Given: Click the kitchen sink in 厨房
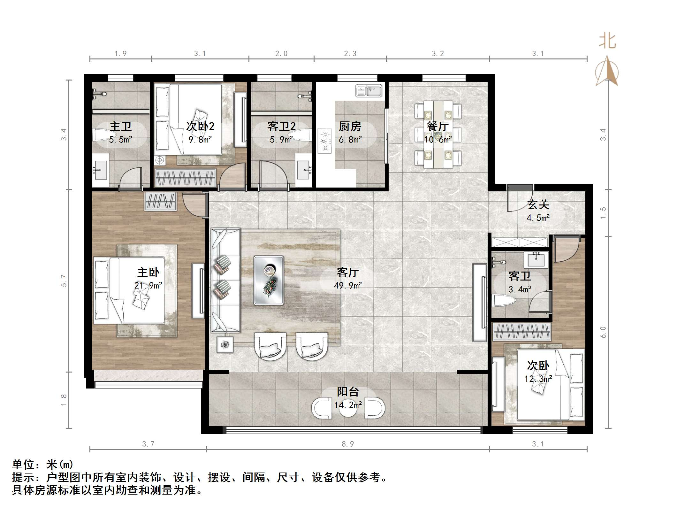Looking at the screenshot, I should [x=369, y=91].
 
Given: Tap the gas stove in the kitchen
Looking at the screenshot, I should [x=325, y=141].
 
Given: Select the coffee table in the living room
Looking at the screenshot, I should [x=269, y=280].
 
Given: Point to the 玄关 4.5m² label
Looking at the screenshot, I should [x=538, y=211].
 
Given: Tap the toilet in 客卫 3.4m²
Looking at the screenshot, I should [x=504, y=301].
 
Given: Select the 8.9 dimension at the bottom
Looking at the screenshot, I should [x=348, y=444].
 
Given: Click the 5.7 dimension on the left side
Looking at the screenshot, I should [x=64, y=281].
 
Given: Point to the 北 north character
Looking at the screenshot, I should [x=607, y=42].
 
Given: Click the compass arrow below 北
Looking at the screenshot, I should [x=607, y=72].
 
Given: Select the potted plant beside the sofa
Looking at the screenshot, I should [x=225, y=344].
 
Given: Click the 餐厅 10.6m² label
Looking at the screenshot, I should [x=438, y=132].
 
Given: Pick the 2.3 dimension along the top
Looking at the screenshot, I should [x=350, y=54].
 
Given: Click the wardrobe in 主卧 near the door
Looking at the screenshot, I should [x=161, y=201].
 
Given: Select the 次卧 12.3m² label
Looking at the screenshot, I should [x=538, y=372].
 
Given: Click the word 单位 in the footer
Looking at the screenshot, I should [x=24, y=465].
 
